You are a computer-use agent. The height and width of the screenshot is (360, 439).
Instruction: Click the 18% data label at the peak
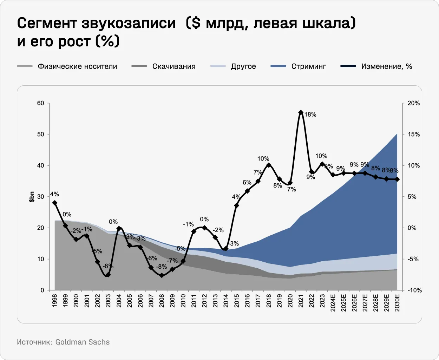click(310, 114)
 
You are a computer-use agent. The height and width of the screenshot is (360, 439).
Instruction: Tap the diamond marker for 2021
click(301, 112)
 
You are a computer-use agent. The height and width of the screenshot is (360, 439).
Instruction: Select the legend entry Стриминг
click(308, 66)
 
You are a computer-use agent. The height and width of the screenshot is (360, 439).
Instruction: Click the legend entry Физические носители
click(77, 66)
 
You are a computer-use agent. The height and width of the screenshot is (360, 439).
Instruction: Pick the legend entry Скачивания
click(174, 66)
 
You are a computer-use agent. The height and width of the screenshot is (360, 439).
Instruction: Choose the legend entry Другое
click(243, 66)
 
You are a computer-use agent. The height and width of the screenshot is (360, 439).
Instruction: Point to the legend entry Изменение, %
click(387, 66)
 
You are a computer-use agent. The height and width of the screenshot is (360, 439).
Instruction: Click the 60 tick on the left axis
click(41, 103)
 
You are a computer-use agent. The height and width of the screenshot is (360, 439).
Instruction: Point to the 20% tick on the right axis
click(413, 103)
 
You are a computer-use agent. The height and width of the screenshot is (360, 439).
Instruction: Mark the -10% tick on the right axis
click(414, 290)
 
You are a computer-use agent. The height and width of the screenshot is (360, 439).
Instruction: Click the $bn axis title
click(32, 197)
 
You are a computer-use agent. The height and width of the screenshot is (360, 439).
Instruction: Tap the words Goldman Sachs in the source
click(83, 342)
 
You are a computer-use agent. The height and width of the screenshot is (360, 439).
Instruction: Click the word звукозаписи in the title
click(129, 23)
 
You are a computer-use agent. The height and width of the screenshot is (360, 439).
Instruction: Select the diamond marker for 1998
click(54, 203)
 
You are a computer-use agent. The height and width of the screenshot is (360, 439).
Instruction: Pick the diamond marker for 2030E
click(397, 179)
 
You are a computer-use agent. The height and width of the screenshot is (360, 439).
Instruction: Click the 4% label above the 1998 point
click(54, 194)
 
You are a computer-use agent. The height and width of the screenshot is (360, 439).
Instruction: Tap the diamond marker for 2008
click(162, 275)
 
